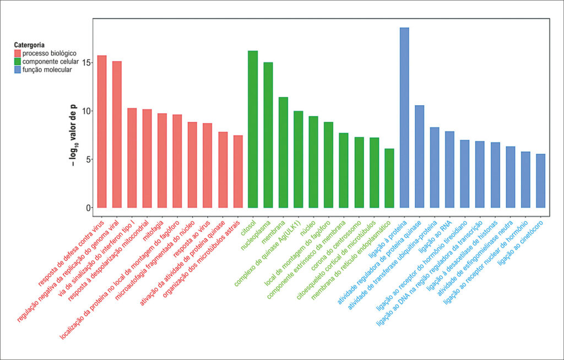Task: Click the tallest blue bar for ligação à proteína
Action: [x=404, y=118]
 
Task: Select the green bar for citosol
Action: [x=253, y=129]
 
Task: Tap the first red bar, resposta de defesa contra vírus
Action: [x=102, y=132]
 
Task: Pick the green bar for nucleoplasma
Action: [x=268, y=135]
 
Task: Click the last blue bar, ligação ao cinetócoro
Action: [x=541, y=181]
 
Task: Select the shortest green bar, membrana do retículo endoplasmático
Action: [x=389, y=178]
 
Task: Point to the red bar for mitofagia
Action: [x=162, y=161]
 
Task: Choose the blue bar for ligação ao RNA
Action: [x=449, y=170]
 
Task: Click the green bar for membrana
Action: [x=283, y=152]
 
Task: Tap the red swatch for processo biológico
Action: [x=18, y=53]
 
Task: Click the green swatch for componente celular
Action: [x=18, y=62]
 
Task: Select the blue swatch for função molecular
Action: [x=18, y=70]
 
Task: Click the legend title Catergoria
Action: [x=30, y=45]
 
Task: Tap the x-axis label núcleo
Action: [x=308, y=228]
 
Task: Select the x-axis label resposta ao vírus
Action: [x=191, y=238]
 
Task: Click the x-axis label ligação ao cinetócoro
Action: [x=520, y=243]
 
